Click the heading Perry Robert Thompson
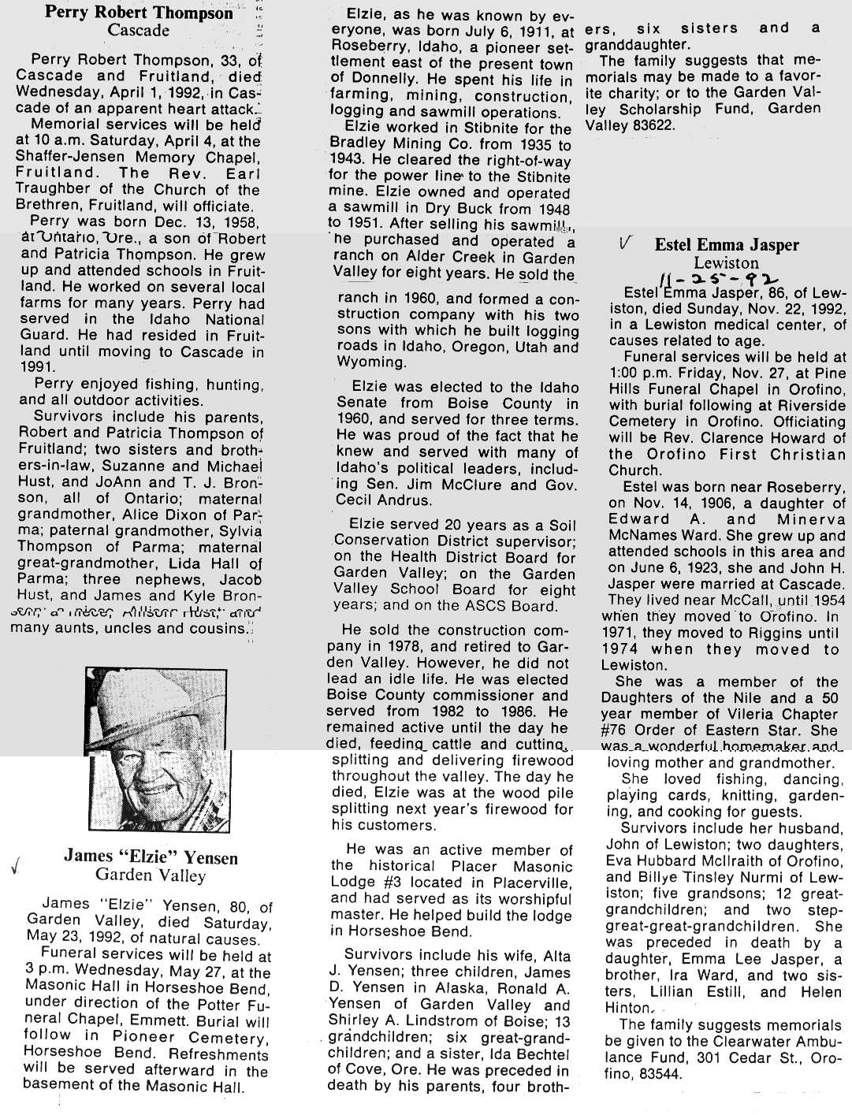140,13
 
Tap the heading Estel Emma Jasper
726,245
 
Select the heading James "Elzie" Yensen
151,857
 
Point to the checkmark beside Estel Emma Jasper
625,245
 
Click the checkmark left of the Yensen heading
15,868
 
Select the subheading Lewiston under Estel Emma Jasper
725,263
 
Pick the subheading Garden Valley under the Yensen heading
150,875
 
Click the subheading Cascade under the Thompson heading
139,31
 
